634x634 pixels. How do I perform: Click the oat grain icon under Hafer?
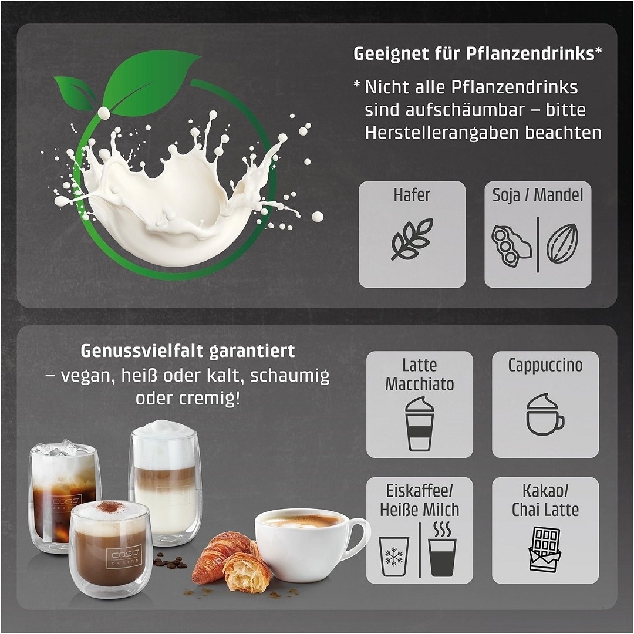412,240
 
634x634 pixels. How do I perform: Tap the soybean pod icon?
511,246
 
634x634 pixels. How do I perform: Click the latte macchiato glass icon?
419,424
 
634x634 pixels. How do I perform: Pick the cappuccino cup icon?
545,414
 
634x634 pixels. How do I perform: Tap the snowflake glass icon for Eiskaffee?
394,557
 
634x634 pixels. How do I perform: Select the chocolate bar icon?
545,549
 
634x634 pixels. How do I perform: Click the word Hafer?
412,195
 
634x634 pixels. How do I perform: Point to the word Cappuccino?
545,365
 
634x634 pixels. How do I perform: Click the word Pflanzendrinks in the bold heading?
530,53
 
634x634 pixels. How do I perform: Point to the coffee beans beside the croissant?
170,562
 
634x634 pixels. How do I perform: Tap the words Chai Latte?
545,510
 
